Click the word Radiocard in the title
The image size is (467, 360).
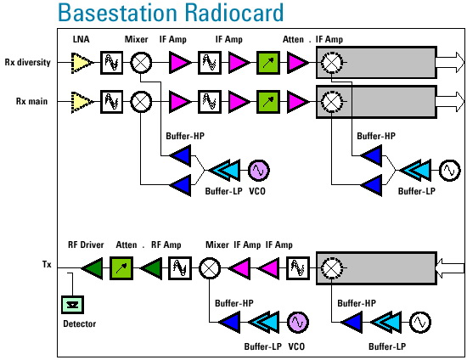233,12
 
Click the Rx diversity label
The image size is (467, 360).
27,63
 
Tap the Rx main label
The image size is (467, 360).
31,101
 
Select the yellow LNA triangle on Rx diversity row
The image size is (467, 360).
82,63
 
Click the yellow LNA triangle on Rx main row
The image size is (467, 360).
82,102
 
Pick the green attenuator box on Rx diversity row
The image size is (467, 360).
268,63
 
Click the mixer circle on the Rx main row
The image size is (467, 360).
141,102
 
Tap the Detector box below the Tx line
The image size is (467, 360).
73,305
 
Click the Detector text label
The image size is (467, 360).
80,323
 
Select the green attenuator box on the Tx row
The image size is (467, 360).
121,268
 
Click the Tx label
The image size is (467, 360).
47,264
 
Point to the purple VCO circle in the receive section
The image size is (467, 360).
258,171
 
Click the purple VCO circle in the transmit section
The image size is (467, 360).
298,322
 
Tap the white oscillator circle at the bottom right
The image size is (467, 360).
420,322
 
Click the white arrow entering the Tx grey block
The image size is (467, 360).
450,268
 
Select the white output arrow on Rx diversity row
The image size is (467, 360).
450,62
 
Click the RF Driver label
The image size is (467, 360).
86,245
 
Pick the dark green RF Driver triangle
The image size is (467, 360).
93,268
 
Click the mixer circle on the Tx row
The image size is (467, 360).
210,268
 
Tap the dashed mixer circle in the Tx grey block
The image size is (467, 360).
331,268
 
